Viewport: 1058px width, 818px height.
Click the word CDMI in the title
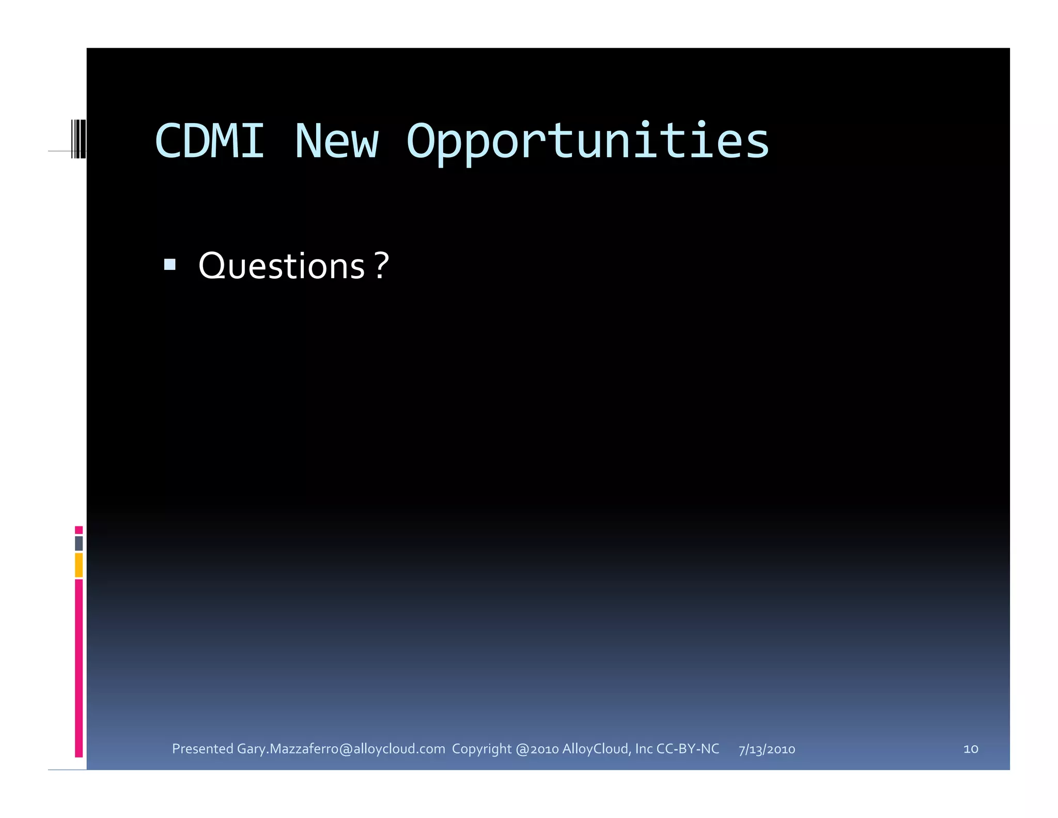210,141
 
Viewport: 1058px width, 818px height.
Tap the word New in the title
336,141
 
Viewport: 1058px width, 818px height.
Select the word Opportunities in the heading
587,142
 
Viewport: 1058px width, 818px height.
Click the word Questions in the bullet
282,266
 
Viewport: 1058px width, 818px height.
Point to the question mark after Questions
381,266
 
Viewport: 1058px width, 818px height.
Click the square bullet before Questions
169,265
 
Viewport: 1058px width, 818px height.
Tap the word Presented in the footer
203,749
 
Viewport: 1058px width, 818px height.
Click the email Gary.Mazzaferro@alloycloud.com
341,749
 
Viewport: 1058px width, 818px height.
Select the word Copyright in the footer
481,749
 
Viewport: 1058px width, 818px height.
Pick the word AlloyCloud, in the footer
596,749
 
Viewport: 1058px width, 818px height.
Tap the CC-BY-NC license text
688,749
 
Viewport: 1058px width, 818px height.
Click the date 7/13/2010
767,749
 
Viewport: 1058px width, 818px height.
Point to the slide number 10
971,749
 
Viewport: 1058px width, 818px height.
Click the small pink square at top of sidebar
79,530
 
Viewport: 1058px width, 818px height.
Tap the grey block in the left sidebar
79,543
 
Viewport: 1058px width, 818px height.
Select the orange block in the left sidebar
79,565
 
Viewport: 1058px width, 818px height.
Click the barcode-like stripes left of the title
79,139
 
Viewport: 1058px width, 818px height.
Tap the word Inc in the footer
644,749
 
